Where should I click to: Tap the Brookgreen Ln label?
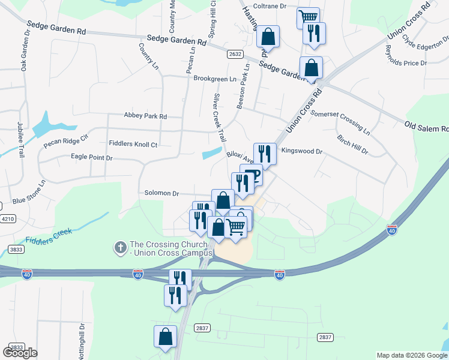click(x=214, y=79)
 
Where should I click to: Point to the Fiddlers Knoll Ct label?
click(x=133, y=144)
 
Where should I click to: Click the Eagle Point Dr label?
click(x=92, y=157)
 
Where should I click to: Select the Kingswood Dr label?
click(x=302, y=152)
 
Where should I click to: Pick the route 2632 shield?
click(x=235, y=54)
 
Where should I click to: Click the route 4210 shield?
click(x=8, y=219)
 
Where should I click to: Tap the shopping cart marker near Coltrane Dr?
click(x=308, y=17)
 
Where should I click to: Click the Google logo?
click(x=20, y=352)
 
